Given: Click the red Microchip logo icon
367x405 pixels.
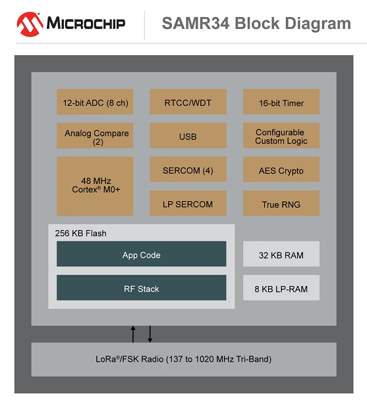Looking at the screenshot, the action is pos(30,24).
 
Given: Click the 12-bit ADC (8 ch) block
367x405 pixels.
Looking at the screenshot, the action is pos(95,101).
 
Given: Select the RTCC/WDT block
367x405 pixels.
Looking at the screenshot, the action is pos(188,101).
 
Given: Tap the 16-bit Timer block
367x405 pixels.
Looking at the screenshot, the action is pos(281,101).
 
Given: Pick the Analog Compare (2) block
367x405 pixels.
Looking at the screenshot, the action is pos(95,135).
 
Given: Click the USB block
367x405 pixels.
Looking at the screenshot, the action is pos(188,135).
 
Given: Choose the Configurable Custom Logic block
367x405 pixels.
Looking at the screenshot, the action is pos(281,135).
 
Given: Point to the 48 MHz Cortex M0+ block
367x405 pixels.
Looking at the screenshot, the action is pos(95,186).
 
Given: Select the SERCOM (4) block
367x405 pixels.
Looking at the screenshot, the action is pos(188,169).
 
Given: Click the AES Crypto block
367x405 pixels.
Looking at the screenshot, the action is pos(281,169).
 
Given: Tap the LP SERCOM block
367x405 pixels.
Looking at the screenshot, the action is pos(188,203).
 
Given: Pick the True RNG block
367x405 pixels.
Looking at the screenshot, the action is pos(281,203).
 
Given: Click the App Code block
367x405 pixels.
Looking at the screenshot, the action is pos(141,254).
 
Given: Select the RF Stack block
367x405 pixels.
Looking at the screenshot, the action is pos(141,287).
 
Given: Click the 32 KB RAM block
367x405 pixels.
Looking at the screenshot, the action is pos(281,254).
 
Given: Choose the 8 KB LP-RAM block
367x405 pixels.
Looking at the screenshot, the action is pos(281,287).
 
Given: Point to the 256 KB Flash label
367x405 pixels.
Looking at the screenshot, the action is pos(80,233).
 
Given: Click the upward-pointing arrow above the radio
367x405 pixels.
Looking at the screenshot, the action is pos(133,334).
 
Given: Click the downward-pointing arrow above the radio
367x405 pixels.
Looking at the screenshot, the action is pos(150,334).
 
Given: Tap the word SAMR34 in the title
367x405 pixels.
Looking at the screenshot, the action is pos(196,23).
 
